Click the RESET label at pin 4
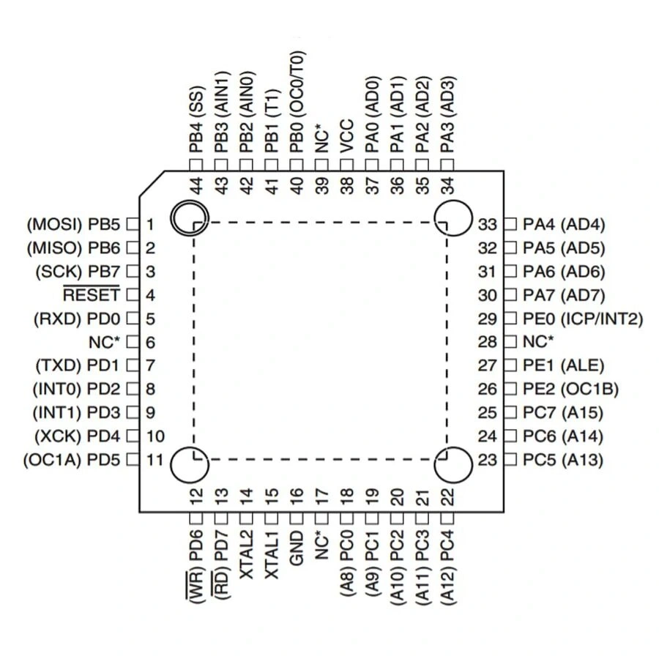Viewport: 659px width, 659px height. pyautogui.click(x=91, y=295)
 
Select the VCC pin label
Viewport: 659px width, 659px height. pyautogui.click(x=346, y=135)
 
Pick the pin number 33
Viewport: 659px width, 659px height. pyautogui.click(x=488, y=224)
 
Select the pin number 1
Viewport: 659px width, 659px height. pyautogui.click(x=149, y=224)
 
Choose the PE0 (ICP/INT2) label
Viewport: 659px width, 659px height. pyautogui.click(x=583, y=319)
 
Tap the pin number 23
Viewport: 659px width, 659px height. pyautogui.click(x=488, y=460)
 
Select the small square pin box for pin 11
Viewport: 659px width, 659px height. pyautogui.click(x=133, y=460)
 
